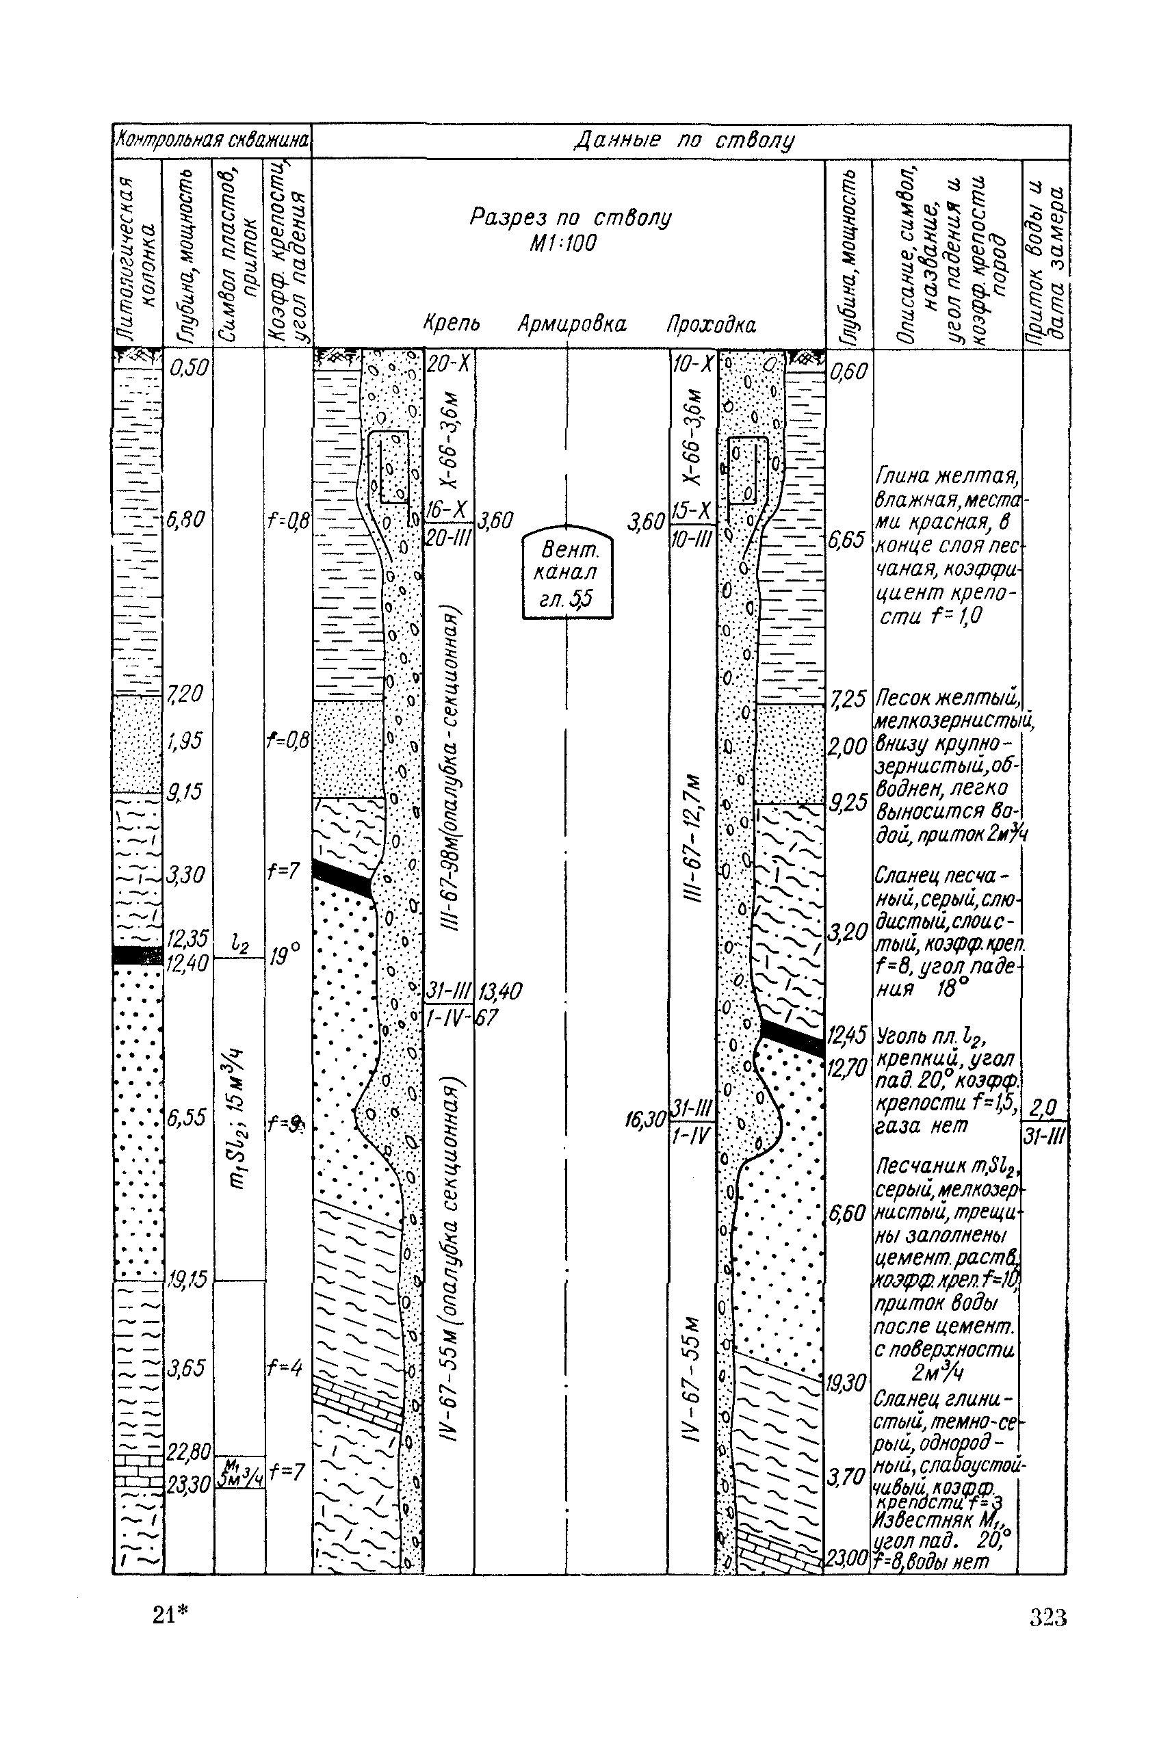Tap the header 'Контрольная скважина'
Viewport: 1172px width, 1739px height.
pyautogui.click(x=211, y=140)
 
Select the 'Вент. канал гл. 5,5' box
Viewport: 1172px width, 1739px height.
pyautogui.click(x=568, y=573)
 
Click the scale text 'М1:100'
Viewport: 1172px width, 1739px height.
pyautogui.click(x=564, y=244)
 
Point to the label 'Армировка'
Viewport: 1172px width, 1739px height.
pyautogui.click(x=572, y=324)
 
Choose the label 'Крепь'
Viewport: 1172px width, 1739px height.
pyautogui.click(x=452, y=324)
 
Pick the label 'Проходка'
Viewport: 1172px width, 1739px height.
pyautogui.click(x=711, y=325)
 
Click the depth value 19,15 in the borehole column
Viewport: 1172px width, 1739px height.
pyautogui.click(x=187, y=1279)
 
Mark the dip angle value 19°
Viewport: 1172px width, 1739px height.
pyautogui.click(x=285, y=954)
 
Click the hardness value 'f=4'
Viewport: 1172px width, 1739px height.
pyautogui.click(x=285, y=1368)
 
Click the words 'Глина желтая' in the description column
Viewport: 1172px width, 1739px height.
pyautogui.click(x=945, y=476)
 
